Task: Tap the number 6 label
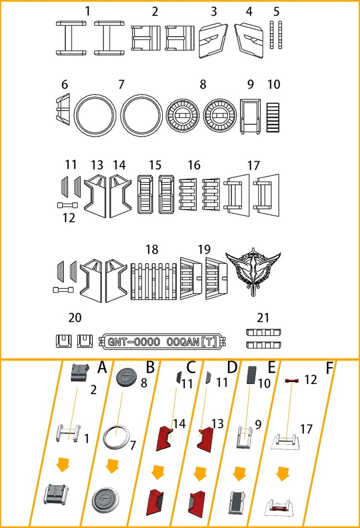[65, 84]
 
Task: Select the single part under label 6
[63, 110]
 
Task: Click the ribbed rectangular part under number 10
[273, 117]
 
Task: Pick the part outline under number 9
[250, 116]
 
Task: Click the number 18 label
[152, 250]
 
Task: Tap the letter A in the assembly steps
[102, 367]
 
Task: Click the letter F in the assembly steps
[329, 368]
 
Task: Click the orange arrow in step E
[240, 474]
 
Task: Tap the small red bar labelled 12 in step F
[292, 381]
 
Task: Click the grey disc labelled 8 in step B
[126, 377]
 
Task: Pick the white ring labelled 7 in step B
[115, 437]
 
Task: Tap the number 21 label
[263, 318]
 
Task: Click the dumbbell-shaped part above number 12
[67, 205]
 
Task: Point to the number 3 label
[214, 12]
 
